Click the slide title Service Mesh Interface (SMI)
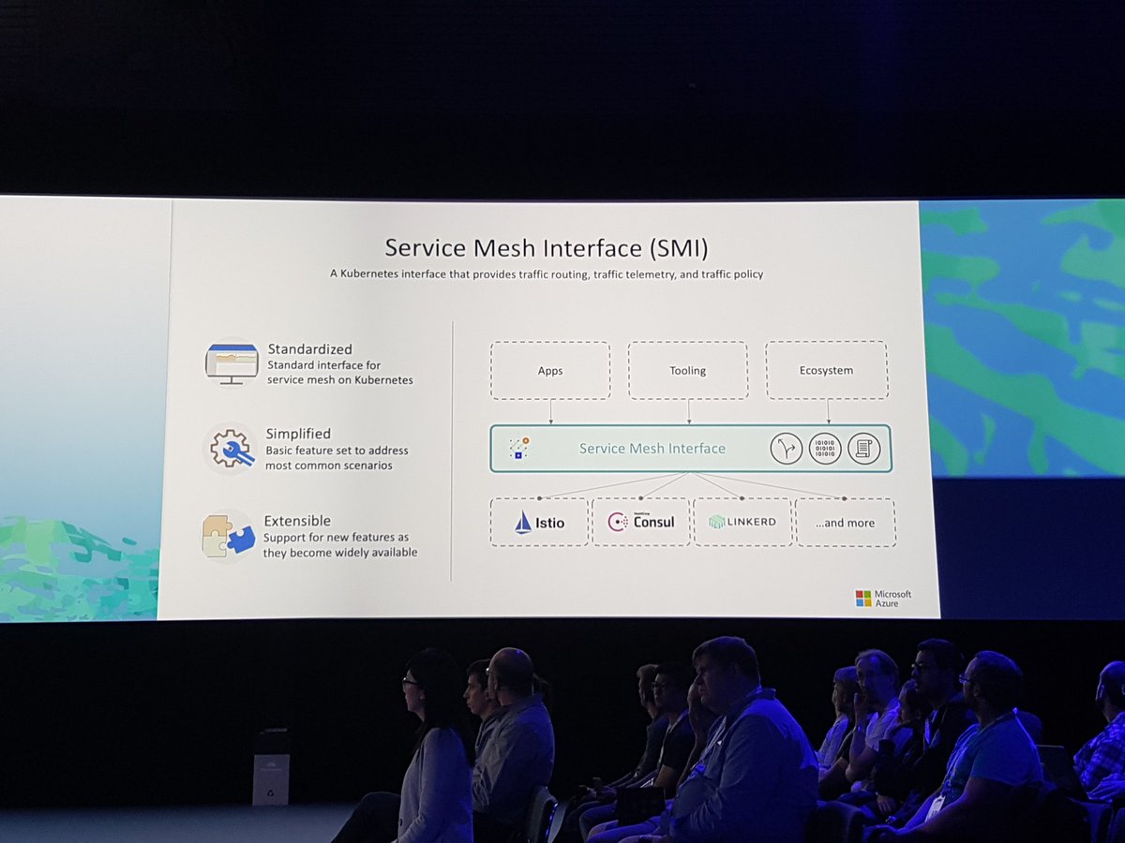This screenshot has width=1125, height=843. tap(547, 248)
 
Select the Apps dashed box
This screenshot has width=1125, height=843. tap(550, 371)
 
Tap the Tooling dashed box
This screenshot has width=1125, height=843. tap(687, 371)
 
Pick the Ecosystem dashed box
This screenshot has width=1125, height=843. tap(826, 370)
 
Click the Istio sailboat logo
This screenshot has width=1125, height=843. tap(523, 522)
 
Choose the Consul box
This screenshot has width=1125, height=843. tap(641, 522)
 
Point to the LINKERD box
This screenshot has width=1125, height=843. tap(743, 522)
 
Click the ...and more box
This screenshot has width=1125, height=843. tap(845, 523)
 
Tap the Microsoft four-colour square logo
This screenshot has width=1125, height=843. tap(863, 599)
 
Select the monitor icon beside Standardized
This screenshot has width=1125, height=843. tap(232, 363)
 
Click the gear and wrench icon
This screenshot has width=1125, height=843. tap(231, 449)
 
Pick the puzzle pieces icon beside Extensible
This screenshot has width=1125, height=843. tap(228, 536)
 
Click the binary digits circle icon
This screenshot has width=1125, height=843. tap(825, 449)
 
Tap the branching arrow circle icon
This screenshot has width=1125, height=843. tap(787, 449)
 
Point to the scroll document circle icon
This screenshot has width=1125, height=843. tap(863, 449)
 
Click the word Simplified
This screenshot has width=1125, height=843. tap(298, 434)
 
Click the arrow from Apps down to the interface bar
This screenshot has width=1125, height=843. tap(550, 412)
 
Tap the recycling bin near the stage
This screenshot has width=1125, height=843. tap(271, 767)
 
